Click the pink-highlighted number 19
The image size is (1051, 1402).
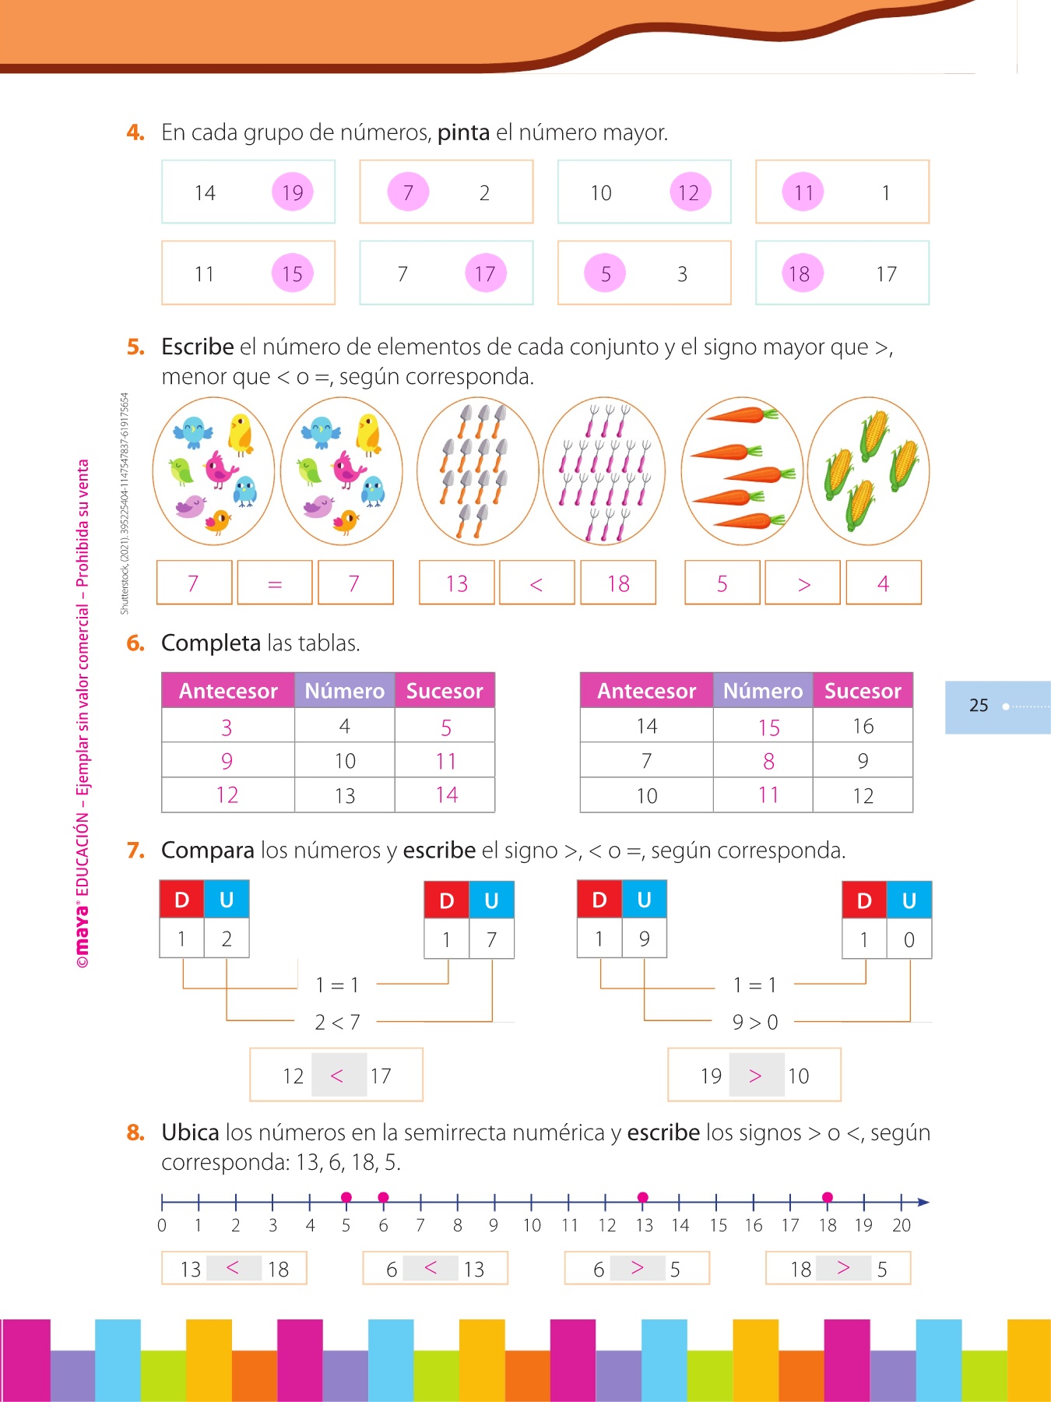pos(293,192)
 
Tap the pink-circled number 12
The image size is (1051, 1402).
pos(689,192)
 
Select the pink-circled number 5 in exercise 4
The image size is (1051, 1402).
pos(606,273)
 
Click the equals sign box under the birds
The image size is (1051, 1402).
pos(275,583)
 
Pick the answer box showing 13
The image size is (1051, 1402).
pos(457,583)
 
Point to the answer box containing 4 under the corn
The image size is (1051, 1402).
pos(884,583)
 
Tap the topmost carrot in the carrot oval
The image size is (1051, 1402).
pos(740,415)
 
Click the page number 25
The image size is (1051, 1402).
pos(979,706)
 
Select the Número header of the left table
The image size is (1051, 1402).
pos(344,691)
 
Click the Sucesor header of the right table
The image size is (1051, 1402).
pos(863,691)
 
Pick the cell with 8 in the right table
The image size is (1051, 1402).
pos(768,761)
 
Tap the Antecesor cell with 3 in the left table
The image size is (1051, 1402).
pos(227,727)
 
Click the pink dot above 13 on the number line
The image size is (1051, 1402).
pos(642,1197)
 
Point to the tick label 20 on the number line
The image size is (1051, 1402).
pos(901,1225)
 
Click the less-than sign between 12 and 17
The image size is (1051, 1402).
pos(337,1076)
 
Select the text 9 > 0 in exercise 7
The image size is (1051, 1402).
pos(754,1022)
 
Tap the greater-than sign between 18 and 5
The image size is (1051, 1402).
pos(842,1268)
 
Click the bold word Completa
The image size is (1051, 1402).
pos(210,643)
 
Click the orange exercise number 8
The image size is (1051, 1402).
pos(135,1133)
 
